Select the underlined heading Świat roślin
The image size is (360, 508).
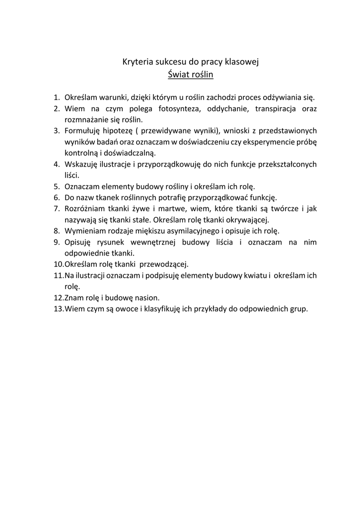(x=191, y=75)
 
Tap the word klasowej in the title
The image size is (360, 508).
(x=241, y=62)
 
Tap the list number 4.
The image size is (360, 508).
(x=56, y=164)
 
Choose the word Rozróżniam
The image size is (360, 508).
(x=85, y=209)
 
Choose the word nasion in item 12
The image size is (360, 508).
(x=147, y=298)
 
